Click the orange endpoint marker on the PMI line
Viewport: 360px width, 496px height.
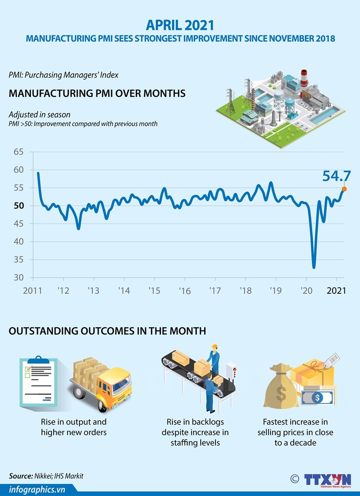pos(344,189)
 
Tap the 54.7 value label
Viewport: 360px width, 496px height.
pos(336,176)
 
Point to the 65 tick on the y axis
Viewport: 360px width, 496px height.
pos(18,152)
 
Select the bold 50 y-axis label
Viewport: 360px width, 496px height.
pos(18,206)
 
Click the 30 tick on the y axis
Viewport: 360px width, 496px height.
pos(18,278)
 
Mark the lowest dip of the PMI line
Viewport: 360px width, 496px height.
pos(314,267)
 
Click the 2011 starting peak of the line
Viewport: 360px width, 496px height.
pos(38,173)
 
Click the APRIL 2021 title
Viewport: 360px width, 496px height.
pos(180,24)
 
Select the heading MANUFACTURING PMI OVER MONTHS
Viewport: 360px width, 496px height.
pos(97,93)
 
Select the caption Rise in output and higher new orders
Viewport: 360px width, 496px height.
pos(74,427)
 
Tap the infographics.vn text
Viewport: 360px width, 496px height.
pos(38,489)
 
